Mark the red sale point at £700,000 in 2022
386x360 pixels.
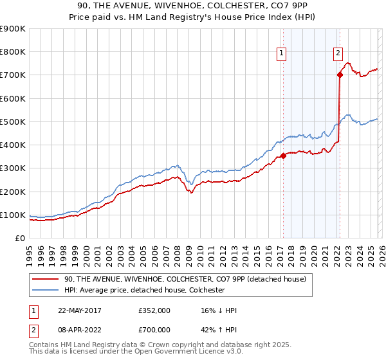pos(340,75)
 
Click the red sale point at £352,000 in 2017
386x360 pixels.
pos(283,156)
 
